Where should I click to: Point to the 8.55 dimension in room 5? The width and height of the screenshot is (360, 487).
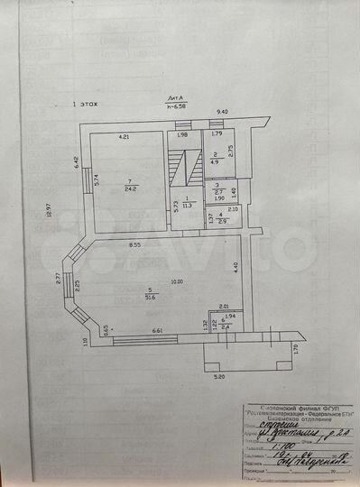pos(134,244)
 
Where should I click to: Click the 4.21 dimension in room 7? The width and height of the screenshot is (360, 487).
pos(127,137)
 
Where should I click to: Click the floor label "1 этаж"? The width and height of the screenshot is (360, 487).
pos(86,104)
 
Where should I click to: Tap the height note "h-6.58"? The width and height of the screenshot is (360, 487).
pos(175,106)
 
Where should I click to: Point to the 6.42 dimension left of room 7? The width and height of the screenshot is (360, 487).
pos(76,163)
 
